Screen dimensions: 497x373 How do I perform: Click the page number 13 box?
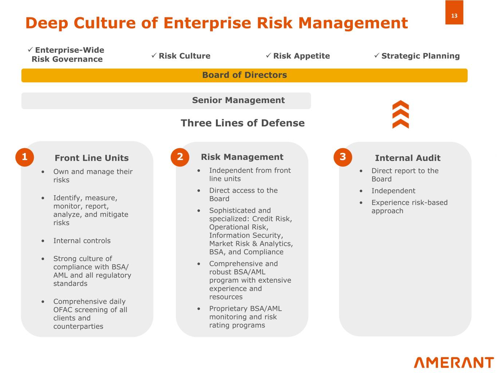(454, 12)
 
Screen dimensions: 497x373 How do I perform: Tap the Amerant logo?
(454, 362)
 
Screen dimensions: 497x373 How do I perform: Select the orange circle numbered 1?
(25, 157)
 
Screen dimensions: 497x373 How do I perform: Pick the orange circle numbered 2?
(180, 157)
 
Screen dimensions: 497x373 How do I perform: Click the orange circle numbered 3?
(343, 157)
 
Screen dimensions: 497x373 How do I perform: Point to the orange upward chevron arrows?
(401, 114)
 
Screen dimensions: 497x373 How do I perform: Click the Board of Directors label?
(245, 75)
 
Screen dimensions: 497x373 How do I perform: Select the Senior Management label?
(238, 100)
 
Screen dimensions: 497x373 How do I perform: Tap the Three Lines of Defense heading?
(242, 123)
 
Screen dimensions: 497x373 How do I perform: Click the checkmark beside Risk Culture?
(154, 55)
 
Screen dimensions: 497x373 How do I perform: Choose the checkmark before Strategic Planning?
(376, 55)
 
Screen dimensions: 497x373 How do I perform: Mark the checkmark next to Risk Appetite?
(268, 55)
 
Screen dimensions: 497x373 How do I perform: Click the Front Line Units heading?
(92, 158)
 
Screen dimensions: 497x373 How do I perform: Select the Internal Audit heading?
(407, 158)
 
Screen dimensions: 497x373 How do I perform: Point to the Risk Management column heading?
(242, 157)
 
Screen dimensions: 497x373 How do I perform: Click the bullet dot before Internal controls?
(43, 241)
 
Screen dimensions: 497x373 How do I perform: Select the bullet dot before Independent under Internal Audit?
(361, 191)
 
